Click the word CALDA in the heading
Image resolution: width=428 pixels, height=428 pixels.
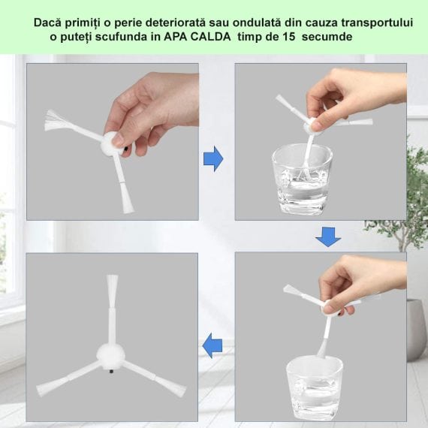tap(210, 37)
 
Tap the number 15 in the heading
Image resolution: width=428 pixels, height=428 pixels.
tap(288, 37)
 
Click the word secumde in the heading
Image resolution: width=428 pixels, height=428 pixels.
tap(327, 37)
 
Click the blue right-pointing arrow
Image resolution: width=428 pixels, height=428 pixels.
tap(213, 159)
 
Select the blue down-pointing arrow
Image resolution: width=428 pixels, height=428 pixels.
tap(328, 237)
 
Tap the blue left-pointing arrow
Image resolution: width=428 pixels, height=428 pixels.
tap(212, 345)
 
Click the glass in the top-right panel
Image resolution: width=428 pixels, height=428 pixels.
tap(302, 179)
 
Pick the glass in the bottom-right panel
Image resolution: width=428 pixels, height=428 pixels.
tap(314, 387)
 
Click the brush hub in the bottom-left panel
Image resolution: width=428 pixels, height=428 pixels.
tap(110, 356)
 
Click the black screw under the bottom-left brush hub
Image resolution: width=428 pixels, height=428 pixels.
tap(111, 372)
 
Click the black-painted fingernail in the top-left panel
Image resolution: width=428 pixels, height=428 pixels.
tap(126, 149)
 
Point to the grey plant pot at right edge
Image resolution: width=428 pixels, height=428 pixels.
tap(417, 330)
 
